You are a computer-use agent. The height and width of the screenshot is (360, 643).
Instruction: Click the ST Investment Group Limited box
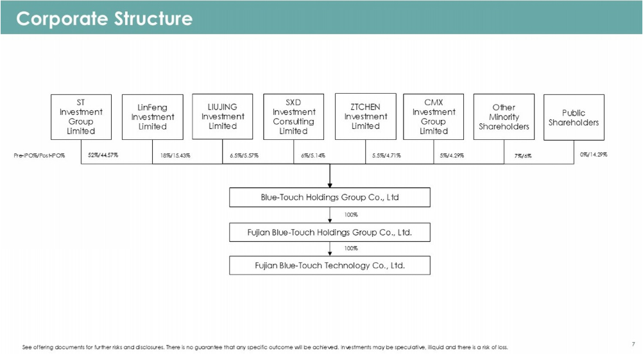coord(81,117)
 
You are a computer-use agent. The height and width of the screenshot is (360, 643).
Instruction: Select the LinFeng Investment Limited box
coord(153,117)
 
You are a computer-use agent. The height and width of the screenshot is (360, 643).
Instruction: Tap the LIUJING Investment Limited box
coord(222,116)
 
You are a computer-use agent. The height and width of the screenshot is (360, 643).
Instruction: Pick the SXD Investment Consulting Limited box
coord(294,117)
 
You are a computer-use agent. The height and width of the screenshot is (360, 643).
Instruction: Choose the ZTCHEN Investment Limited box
coord(365,116)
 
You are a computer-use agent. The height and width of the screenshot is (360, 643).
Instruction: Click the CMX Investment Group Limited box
coord(433,117)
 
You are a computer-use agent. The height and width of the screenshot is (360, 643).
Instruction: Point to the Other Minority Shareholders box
coord(504,117)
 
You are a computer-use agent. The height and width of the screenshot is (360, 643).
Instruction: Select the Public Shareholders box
coord(574,117)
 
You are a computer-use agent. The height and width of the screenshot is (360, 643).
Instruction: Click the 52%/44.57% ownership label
coord(103,155)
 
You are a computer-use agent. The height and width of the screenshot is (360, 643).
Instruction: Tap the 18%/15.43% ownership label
coord(175,155)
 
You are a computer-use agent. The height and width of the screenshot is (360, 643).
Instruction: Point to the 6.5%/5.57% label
coord(244,155)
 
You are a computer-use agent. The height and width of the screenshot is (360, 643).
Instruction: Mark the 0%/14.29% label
coord(594,155)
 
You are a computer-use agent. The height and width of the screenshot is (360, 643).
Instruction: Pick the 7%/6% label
coord(523,156)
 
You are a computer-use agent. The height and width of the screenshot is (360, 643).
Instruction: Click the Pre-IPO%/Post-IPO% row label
coord(39,155)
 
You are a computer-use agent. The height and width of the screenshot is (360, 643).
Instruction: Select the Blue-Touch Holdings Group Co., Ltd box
coord(330,197)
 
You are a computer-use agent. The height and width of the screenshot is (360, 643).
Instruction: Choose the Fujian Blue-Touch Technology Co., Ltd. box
coord(330,265)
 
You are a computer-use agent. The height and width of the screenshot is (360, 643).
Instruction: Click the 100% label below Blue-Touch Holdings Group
coord(350,214)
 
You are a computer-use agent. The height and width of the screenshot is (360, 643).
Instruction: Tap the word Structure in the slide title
coord(153,19)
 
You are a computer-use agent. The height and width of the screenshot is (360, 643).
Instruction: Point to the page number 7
coord(633,344)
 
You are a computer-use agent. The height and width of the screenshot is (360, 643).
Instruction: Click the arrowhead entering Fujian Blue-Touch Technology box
coord(330,254)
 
